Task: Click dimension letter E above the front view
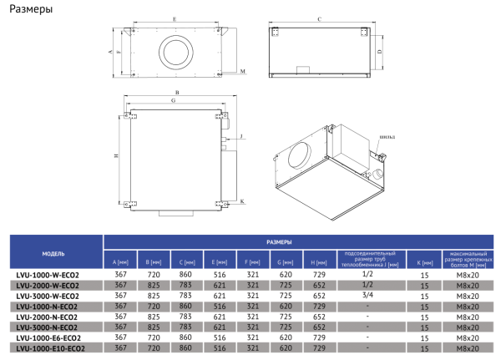[x=173, y=18]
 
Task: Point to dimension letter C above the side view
[x=321, y=18]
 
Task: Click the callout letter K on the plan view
[x=240, y=201]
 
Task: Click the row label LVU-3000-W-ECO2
[x=48, y=296]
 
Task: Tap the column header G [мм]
[x=284, y=261]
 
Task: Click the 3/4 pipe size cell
[x=367, y=296]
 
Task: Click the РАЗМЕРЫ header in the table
[x=280, y=241]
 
